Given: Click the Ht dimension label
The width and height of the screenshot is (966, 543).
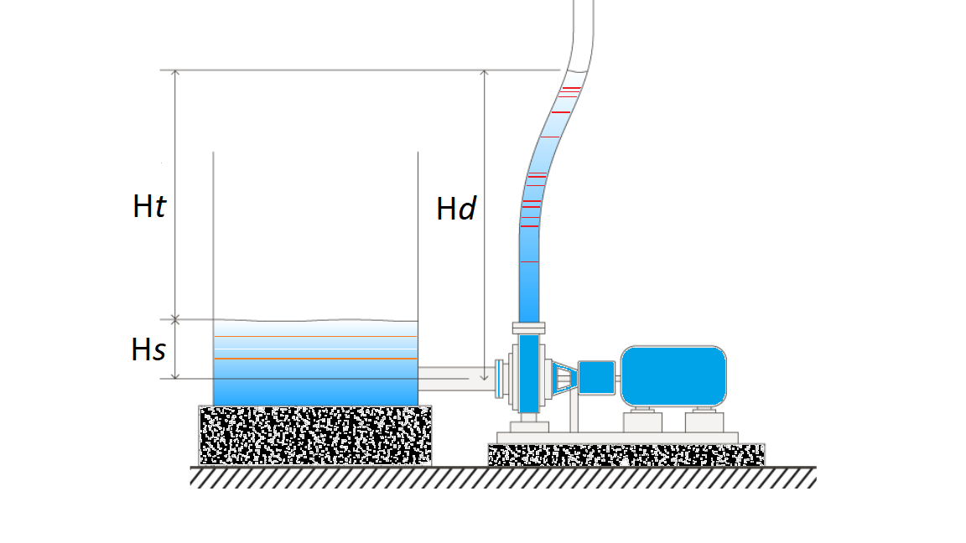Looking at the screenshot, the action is [x=149, y=206].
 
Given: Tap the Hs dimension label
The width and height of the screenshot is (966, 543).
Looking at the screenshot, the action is [x=148, y=349].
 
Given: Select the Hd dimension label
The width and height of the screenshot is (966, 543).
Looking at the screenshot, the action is [x=456, y=209].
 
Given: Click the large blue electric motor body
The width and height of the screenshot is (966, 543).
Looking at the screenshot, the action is [x=673, y=376].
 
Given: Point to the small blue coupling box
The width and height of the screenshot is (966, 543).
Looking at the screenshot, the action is [x=596, y=377].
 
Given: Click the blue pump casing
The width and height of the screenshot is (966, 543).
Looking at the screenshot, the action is [x=528, y=373].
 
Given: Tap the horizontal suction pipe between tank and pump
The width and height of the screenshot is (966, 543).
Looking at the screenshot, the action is [x=457, y=378].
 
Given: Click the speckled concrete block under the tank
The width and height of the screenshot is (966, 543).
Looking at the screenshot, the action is [x=314, y=435].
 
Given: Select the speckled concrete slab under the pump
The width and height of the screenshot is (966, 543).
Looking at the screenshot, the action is [x=626, y=455].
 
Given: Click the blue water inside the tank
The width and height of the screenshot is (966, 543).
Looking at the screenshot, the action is [x=315, y=363].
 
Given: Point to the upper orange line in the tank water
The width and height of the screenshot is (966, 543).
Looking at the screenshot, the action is [x=315, y=336].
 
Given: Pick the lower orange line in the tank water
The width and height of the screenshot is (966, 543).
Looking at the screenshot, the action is [x=315, y=359].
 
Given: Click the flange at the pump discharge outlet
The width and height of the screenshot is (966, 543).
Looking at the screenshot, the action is [x=528, y=328].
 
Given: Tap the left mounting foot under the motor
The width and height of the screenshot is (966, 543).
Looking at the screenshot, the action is [x=642, y=421].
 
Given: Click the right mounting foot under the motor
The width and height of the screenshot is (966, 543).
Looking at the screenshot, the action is [x=704, y=421].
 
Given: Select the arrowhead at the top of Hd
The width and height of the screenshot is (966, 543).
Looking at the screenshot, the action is [x=484, y=73].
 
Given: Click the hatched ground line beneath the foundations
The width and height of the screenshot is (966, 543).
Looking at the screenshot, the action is [x=503, y=477].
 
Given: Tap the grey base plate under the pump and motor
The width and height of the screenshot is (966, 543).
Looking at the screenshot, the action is [x=617, y=437].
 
